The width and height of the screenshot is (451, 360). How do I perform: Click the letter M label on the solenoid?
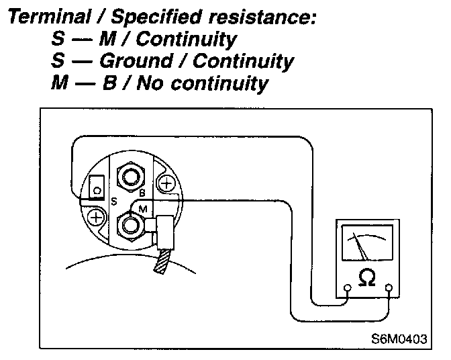(x=142, y=210)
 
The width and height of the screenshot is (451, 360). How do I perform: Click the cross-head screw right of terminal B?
(x=165, y=182)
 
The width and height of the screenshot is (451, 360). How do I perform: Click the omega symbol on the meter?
(x=366, y=276)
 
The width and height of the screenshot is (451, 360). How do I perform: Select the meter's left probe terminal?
(x=346, y=289)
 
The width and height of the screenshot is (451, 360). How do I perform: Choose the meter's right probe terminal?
(x=388, y=289)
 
